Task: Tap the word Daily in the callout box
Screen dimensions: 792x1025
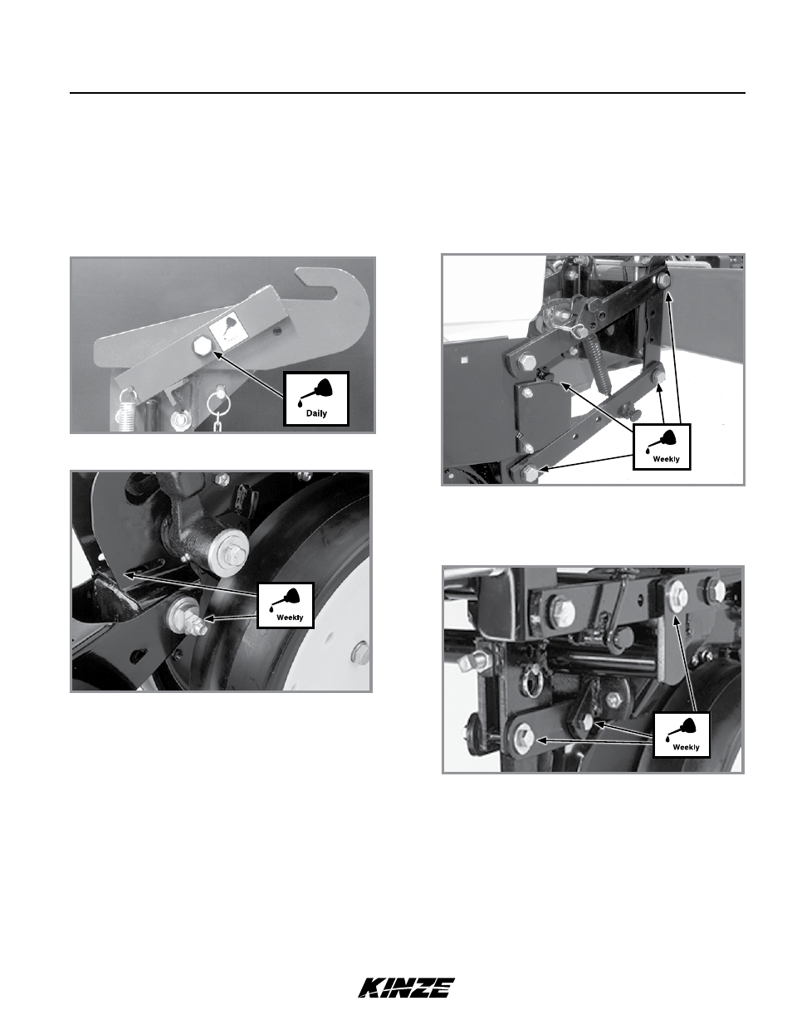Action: [316, 413]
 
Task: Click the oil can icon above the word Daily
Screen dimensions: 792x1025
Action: [315, 391]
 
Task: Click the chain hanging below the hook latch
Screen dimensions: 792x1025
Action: [216, 422]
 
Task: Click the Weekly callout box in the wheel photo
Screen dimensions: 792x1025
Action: [286, 605]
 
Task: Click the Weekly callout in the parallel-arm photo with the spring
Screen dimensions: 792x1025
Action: [662, 447]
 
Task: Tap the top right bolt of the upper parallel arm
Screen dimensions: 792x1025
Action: [662, 281]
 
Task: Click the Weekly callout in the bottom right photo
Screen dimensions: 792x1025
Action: [682, 735]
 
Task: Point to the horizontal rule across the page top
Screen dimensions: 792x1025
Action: [408, 93]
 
